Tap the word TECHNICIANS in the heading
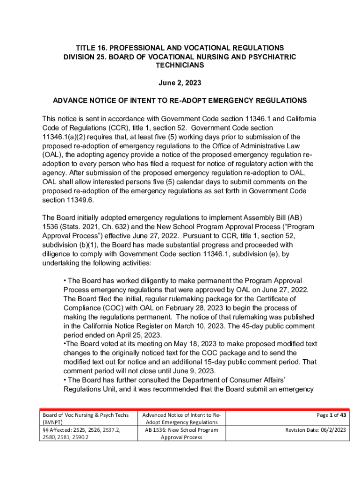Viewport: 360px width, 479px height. [x=180, y=65]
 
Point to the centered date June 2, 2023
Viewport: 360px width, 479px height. [x=180, y=83]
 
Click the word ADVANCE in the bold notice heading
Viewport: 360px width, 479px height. [x=70, y=101]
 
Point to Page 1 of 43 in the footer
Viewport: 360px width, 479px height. [x=331, y=415]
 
